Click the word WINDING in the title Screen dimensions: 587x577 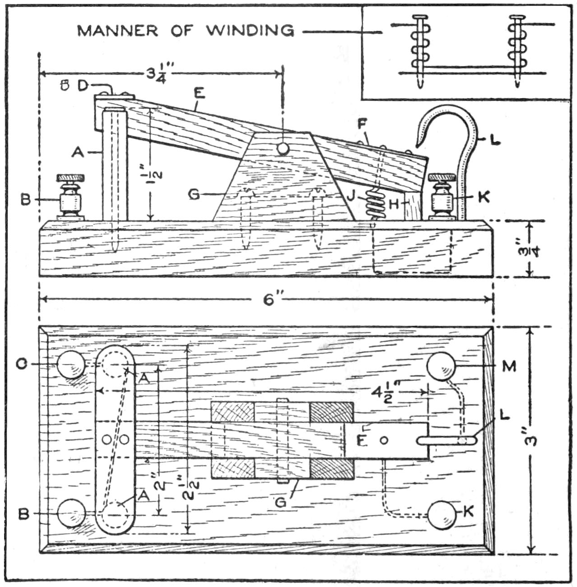[x=250, y=30]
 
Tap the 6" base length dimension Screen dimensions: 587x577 [x=270, y=299]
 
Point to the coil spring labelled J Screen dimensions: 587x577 [x=376, y=204]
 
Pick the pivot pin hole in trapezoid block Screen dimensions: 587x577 [x=283, y=148]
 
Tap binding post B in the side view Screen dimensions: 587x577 [x=70, y=198]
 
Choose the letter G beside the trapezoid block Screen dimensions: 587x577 [x=195, y=195]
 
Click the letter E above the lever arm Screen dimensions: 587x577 [x=199, y=93]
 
